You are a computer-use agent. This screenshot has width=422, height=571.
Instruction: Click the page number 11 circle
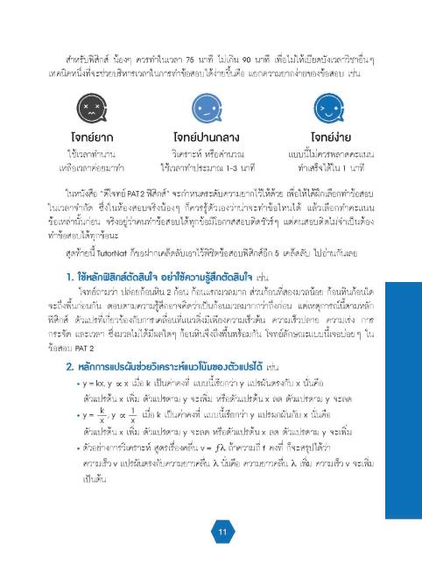point(223,533)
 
